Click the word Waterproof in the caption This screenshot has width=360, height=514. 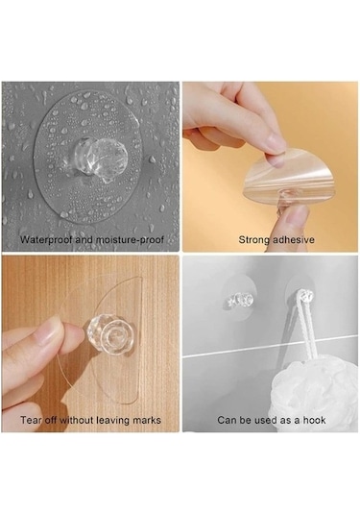pos(46,239)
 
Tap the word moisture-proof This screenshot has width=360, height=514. pos(129,239)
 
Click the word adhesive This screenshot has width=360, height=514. pos(294,239)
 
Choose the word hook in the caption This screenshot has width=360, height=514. pos(314,420)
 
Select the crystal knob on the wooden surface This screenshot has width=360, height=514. pos(110,334)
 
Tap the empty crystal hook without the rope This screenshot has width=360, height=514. pos(241,301)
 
